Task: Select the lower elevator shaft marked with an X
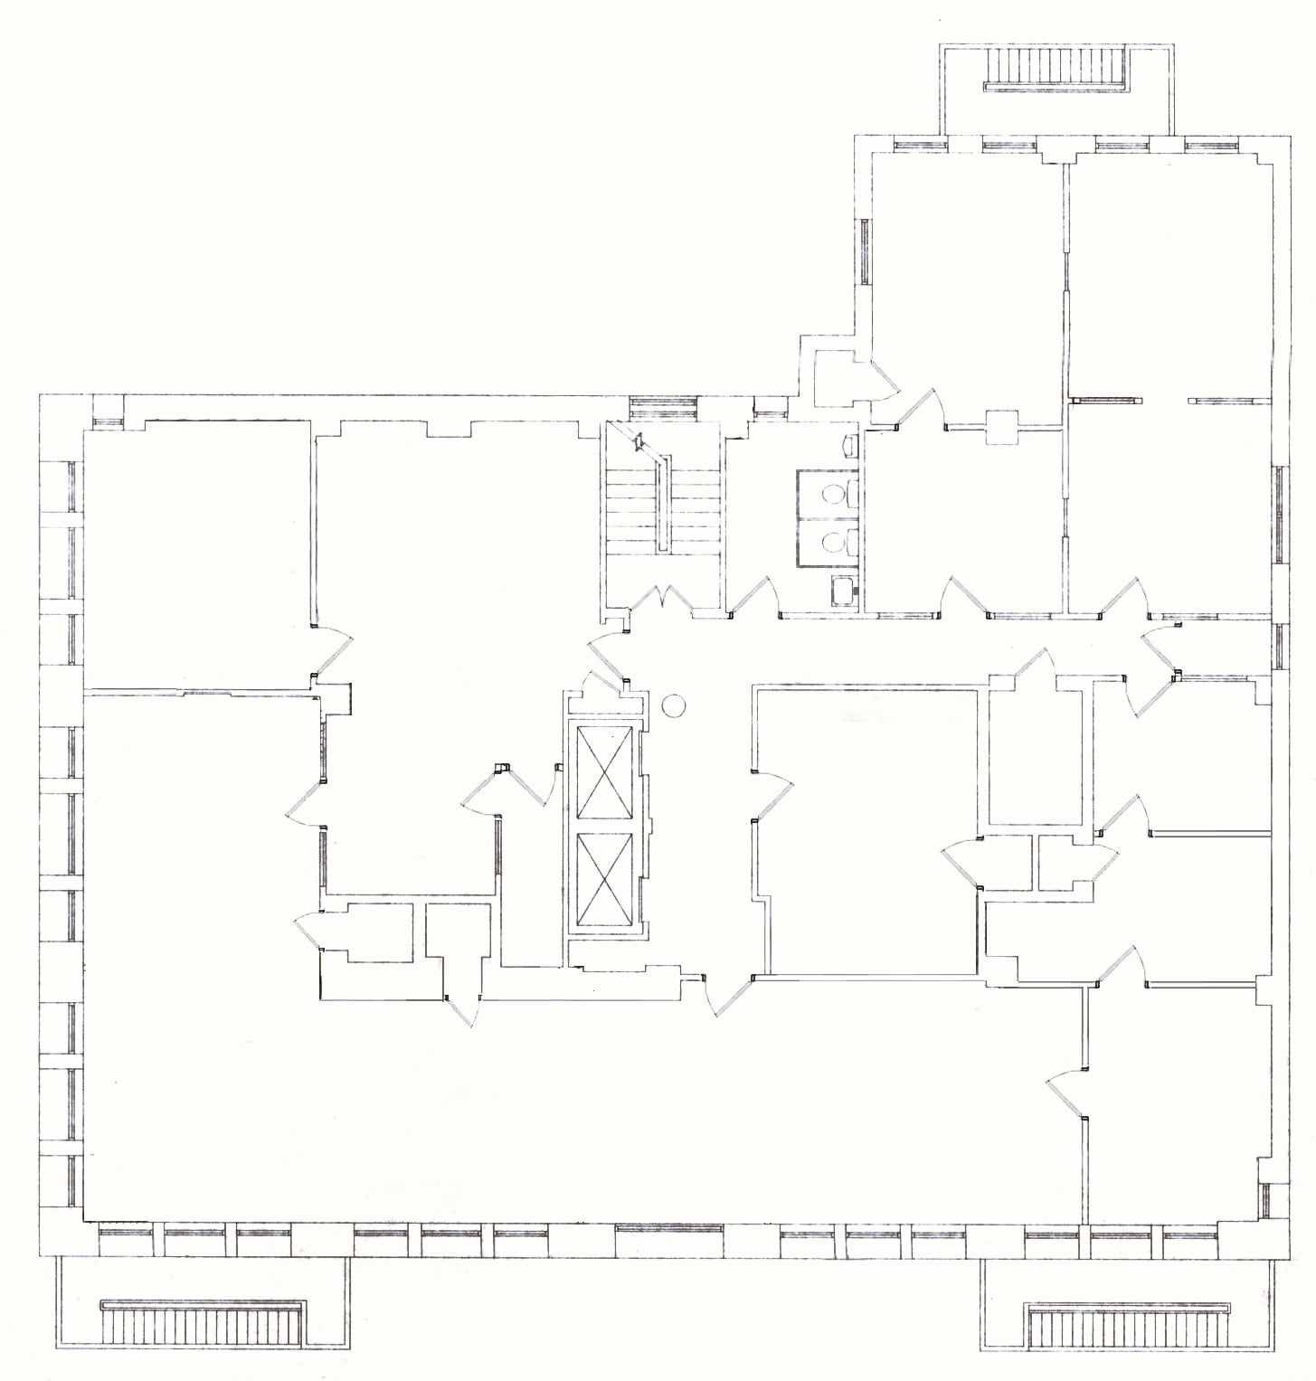(x=604, y=875)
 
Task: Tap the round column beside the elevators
(x=674, y=705)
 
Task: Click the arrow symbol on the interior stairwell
(x=639, y=442)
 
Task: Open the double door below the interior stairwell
(x=664, y=600)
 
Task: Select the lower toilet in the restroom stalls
(x=835, y=542)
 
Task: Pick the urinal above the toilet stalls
(x=849, y=445)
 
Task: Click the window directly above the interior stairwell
(x=663, y=405)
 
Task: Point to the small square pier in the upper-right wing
(x=1002, y=427)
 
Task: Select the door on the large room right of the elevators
(x=772, y=796)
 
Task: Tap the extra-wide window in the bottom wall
(x=669, y=1230)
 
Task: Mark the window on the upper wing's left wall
(x=865, y=251)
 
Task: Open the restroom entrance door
(x=755, y=597)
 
